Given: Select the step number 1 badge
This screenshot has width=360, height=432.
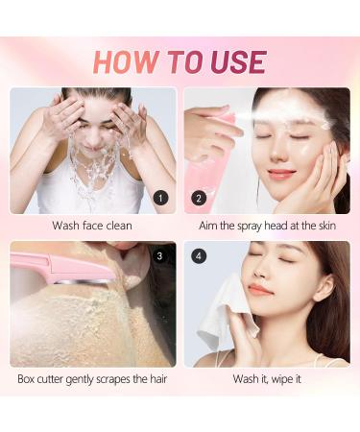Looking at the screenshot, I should point(161,199).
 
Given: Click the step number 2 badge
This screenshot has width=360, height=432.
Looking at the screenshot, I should point(199,199).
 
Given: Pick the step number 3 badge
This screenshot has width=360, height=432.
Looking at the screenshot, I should point(161,256).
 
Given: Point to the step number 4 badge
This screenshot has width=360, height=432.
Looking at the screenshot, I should point(199,256).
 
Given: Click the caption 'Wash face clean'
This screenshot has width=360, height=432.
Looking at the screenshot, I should point(93,227).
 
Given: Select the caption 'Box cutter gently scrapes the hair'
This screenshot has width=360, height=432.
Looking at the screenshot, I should point(93,379).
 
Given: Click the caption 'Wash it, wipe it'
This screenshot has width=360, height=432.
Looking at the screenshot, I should point(266,379).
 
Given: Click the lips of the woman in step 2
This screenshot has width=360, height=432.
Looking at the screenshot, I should point(280,174).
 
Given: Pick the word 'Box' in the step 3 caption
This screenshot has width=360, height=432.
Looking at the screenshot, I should point(29,379).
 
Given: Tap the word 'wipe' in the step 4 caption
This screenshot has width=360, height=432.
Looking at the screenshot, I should point(282,379).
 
